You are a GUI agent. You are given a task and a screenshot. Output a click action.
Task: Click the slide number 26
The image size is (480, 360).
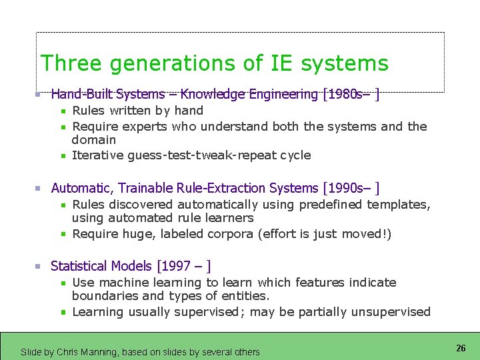tap(461, 348)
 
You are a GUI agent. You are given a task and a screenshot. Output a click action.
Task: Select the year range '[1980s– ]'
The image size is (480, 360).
tap(351, 95)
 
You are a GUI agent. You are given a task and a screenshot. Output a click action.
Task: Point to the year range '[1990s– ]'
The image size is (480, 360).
tap(351, 189)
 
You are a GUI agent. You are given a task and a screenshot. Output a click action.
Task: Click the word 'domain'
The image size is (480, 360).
tap(94, 140)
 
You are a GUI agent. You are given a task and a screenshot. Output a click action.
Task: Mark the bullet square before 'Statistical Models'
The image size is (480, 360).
tap(39, 266)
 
